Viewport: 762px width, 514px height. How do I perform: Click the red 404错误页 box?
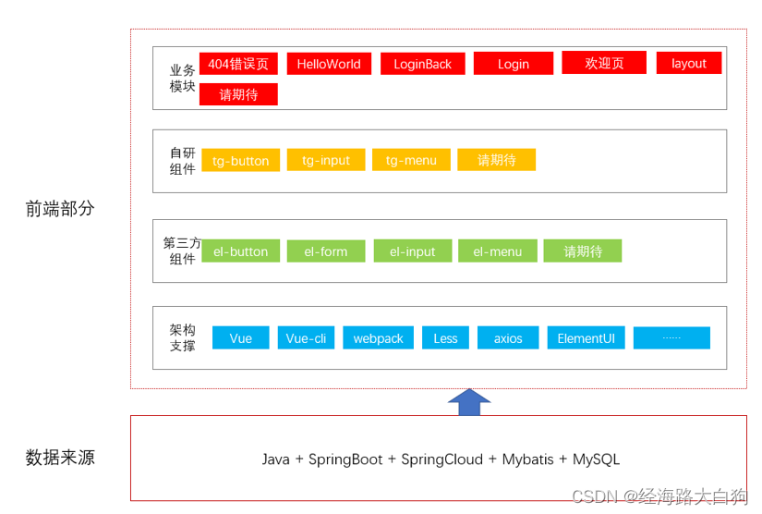click(x=238, y=64)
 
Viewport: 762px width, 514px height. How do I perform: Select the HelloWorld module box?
click(x=329, y=64)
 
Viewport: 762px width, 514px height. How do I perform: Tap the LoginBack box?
click(x=422, y=64)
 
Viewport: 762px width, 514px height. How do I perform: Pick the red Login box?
click(x=514, y=64)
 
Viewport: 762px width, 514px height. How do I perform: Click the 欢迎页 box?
click(x=604, y=63)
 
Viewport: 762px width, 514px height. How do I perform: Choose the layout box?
click(x=689, y=63)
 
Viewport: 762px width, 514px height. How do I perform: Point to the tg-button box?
click(x=240, y=160)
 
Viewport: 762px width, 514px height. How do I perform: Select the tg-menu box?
click(x=411, y=160)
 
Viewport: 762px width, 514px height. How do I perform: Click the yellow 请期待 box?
click(x=496, y=160)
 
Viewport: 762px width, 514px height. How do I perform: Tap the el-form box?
click(x=326, y=251)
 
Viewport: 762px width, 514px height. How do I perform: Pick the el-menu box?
click(x=498, y=251)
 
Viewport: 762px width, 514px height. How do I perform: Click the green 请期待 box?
click(x=582, y=251)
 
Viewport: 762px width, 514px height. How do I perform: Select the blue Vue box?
click(x=240, y=338)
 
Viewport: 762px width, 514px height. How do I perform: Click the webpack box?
click(x=378, y=338)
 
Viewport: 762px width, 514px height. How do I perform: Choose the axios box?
click(x=508, y=338)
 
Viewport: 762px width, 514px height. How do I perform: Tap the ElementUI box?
click(x=587, y=338)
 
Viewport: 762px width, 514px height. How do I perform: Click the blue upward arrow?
click(x=469, y=402)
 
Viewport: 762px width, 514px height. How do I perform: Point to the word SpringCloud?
click(x=441, y=459)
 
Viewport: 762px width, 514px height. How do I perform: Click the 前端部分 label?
click(x=60, y=209)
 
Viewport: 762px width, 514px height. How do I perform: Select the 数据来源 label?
click(x=60, y=458)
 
